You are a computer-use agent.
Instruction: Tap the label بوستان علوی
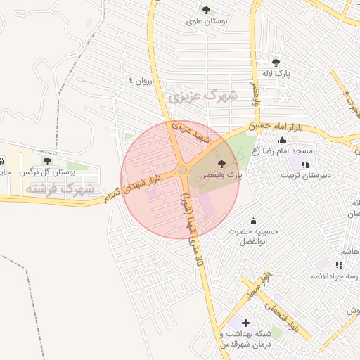(x=206, y=22)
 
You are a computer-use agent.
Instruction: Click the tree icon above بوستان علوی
(x=206, y=10)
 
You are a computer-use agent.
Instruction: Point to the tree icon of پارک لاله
(x=275, y=63)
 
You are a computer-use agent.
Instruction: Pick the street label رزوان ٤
(x=140, y=81)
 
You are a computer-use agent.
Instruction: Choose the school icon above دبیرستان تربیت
(x=305, y=165)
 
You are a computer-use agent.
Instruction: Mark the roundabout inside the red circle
(x=183, y=169)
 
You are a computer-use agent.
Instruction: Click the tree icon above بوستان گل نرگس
(x=47, y=161)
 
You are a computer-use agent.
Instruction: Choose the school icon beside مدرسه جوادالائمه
(x=338, y=265)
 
